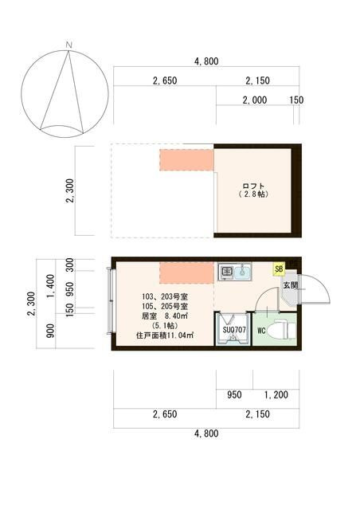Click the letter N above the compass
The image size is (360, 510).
69,44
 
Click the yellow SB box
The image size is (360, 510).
279,269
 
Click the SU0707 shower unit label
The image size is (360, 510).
233,329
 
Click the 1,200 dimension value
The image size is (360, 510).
276,394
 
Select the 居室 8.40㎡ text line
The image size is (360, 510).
165,316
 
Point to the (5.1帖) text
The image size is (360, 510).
165,327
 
